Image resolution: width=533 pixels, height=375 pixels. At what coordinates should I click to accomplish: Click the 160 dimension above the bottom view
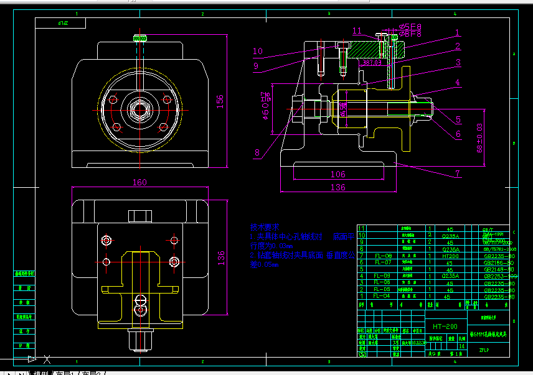tap(139, 182)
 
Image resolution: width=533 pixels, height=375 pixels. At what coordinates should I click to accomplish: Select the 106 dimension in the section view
tap(337, 174)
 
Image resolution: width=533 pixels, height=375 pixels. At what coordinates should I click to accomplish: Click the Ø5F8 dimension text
tap(410, 30)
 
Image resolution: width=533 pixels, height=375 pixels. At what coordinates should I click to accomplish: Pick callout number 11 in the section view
tap(357, 30)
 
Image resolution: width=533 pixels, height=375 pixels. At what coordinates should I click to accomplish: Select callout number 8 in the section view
tap(256, 152)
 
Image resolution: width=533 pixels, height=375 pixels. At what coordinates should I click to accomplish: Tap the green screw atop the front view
tap(140, 39)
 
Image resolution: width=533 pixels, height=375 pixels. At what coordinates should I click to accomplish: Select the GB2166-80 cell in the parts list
tap(498, 262)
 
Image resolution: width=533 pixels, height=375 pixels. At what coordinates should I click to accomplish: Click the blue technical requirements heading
tap(265, 228)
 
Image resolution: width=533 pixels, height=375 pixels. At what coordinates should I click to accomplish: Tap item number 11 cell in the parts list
tap(362, 229)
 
